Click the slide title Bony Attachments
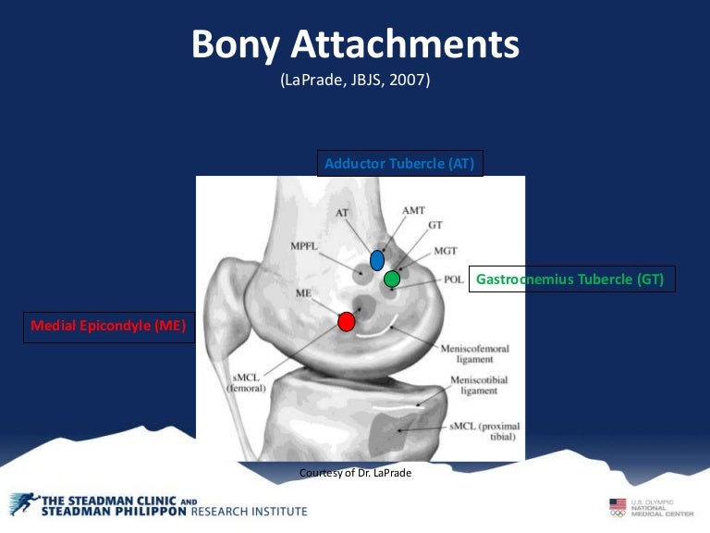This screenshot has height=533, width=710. (355, 43)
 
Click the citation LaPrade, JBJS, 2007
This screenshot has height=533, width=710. (355, 81)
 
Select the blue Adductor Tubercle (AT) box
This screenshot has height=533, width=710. (399, 164)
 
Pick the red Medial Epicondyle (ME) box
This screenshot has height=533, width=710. (108, 326)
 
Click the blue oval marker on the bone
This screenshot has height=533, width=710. (377, 260)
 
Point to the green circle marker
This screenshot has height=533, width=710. (392, 278)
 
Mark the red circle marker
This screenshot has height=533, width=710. (346, 321)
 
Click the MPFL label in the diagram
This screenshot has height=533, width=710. (304, 247)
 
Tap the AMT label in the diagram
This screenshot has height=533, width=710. (413, 211)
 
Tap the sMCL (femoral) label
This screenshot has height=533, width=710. (246, 383)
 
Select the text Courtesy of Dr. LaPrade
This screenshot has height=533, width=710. (355, 473)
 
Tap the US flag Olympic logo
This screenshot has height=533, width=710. (618, 506)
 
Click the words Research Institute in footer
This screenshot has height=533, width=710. (249, 511)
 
